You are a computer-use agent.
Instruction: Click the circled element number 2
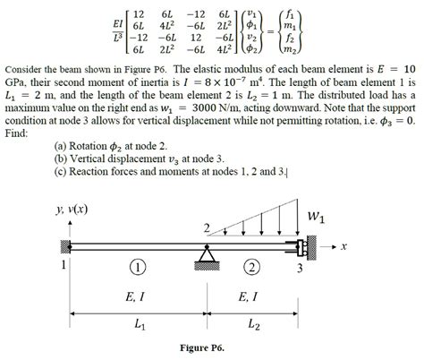point(253,266)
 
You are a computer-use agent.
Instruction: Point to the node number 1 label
point(64,266)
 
